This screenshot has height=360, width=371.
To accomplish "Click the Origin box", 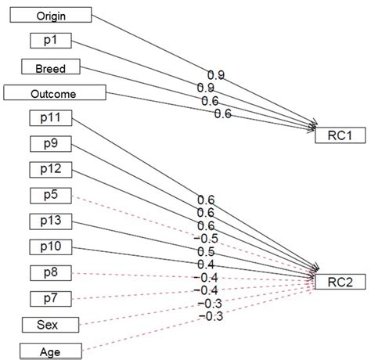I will click(47, 14).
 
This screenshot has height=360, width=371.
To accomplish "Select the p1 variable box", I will click(49, 40).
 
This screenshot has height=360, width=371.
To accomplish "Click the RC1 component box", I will click(338, 136).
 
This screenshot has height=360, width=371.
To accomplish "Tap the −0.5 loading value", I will click(207, 238).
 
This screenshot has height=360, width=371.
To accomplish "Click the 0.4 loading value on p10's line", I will click(207, 265).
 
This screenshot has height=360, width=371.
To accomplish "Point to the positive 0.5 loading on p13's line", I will click(207, 251).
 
